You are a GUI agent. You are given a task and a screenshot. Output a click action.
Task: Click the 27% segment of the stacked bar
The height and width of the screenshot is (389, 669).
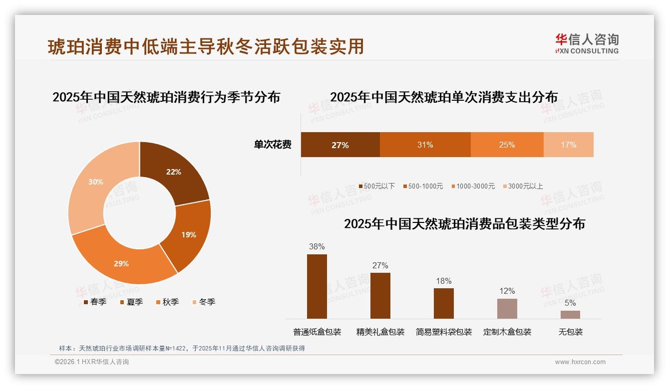(x=340, y=145)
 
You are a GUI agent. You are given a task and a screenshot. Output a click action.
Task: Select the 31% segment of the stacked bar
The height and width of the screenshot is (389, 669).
(x=425, y=145)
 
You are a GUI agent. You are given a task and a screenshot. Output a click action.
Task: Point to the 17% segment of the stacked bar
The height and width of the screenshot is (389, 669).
(x=568, y=145)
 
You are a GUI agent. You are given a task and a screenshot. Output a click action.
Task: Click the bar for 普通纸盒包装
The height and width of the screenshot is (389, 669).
(x=317, y=286)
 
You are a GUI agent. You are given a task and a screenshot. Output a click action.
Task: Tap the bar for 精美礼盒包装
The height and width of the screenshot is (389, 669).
(x=380, y=295)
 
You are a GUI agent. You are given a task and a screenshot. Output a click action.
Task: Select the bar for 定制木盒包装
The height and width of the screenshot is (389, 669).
(x=507, y=308)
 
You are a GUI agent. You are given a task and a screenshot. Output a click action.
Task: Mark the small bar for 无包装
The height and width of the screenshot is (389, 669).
(x=570, y=314)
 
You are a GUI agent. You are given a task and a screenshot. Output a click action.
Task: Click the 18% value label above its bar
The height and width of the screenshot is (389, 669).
(x=443, y=281)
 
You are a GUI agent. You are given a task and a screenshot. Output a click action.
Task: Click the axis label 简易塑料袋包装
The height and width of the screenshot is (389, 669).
(x=443, y=332)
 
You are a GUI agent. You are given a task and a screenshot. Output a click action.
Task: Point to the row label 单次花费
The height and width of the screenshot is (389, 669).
(x=273, y=145)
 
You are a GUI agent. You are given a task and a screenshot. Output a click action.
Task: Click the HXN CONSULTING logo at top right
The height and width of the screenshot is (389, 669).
(x=587, y=44)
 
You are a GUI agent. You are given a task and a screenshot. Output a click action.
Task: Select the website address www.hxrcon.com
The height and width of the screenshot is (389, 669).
(x=580, y=362)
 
